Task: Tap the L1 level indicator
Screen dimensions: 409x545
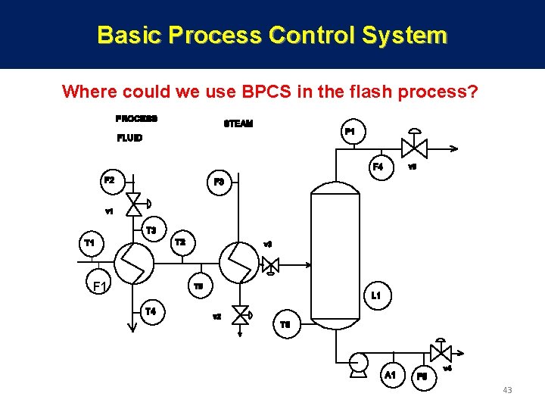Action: pos(376,295)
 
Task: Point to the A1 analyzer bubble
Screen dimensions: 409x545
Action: pos(390,375)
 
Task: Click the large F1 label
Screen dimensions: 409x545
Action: pos(99,286)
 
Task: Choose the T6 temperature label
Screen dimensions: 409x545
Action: pos(285,324)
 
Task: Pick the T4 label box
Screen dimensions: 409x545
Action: pos(151,311)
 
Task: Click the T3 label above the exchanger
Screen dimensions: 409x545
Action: pos(151,229)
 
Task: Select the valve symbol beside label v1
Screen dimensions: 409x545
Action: pos(134,203)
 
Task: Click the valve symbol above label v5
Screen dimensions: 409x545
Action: pos(413,147)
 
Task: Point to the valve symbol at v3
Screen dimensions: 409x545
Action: pos(270,265)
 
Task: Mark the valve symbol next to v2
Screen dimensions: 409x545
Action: pos(241,314)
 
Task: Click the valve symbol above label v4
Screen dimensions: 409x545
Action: pos(440,352)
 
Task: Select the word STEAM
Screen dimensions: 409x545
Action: pos(238,123)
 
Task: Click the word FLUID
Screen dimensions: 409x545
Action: pos(129,138)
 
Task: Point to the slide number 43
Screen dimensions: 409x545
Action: pos(507,390)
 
